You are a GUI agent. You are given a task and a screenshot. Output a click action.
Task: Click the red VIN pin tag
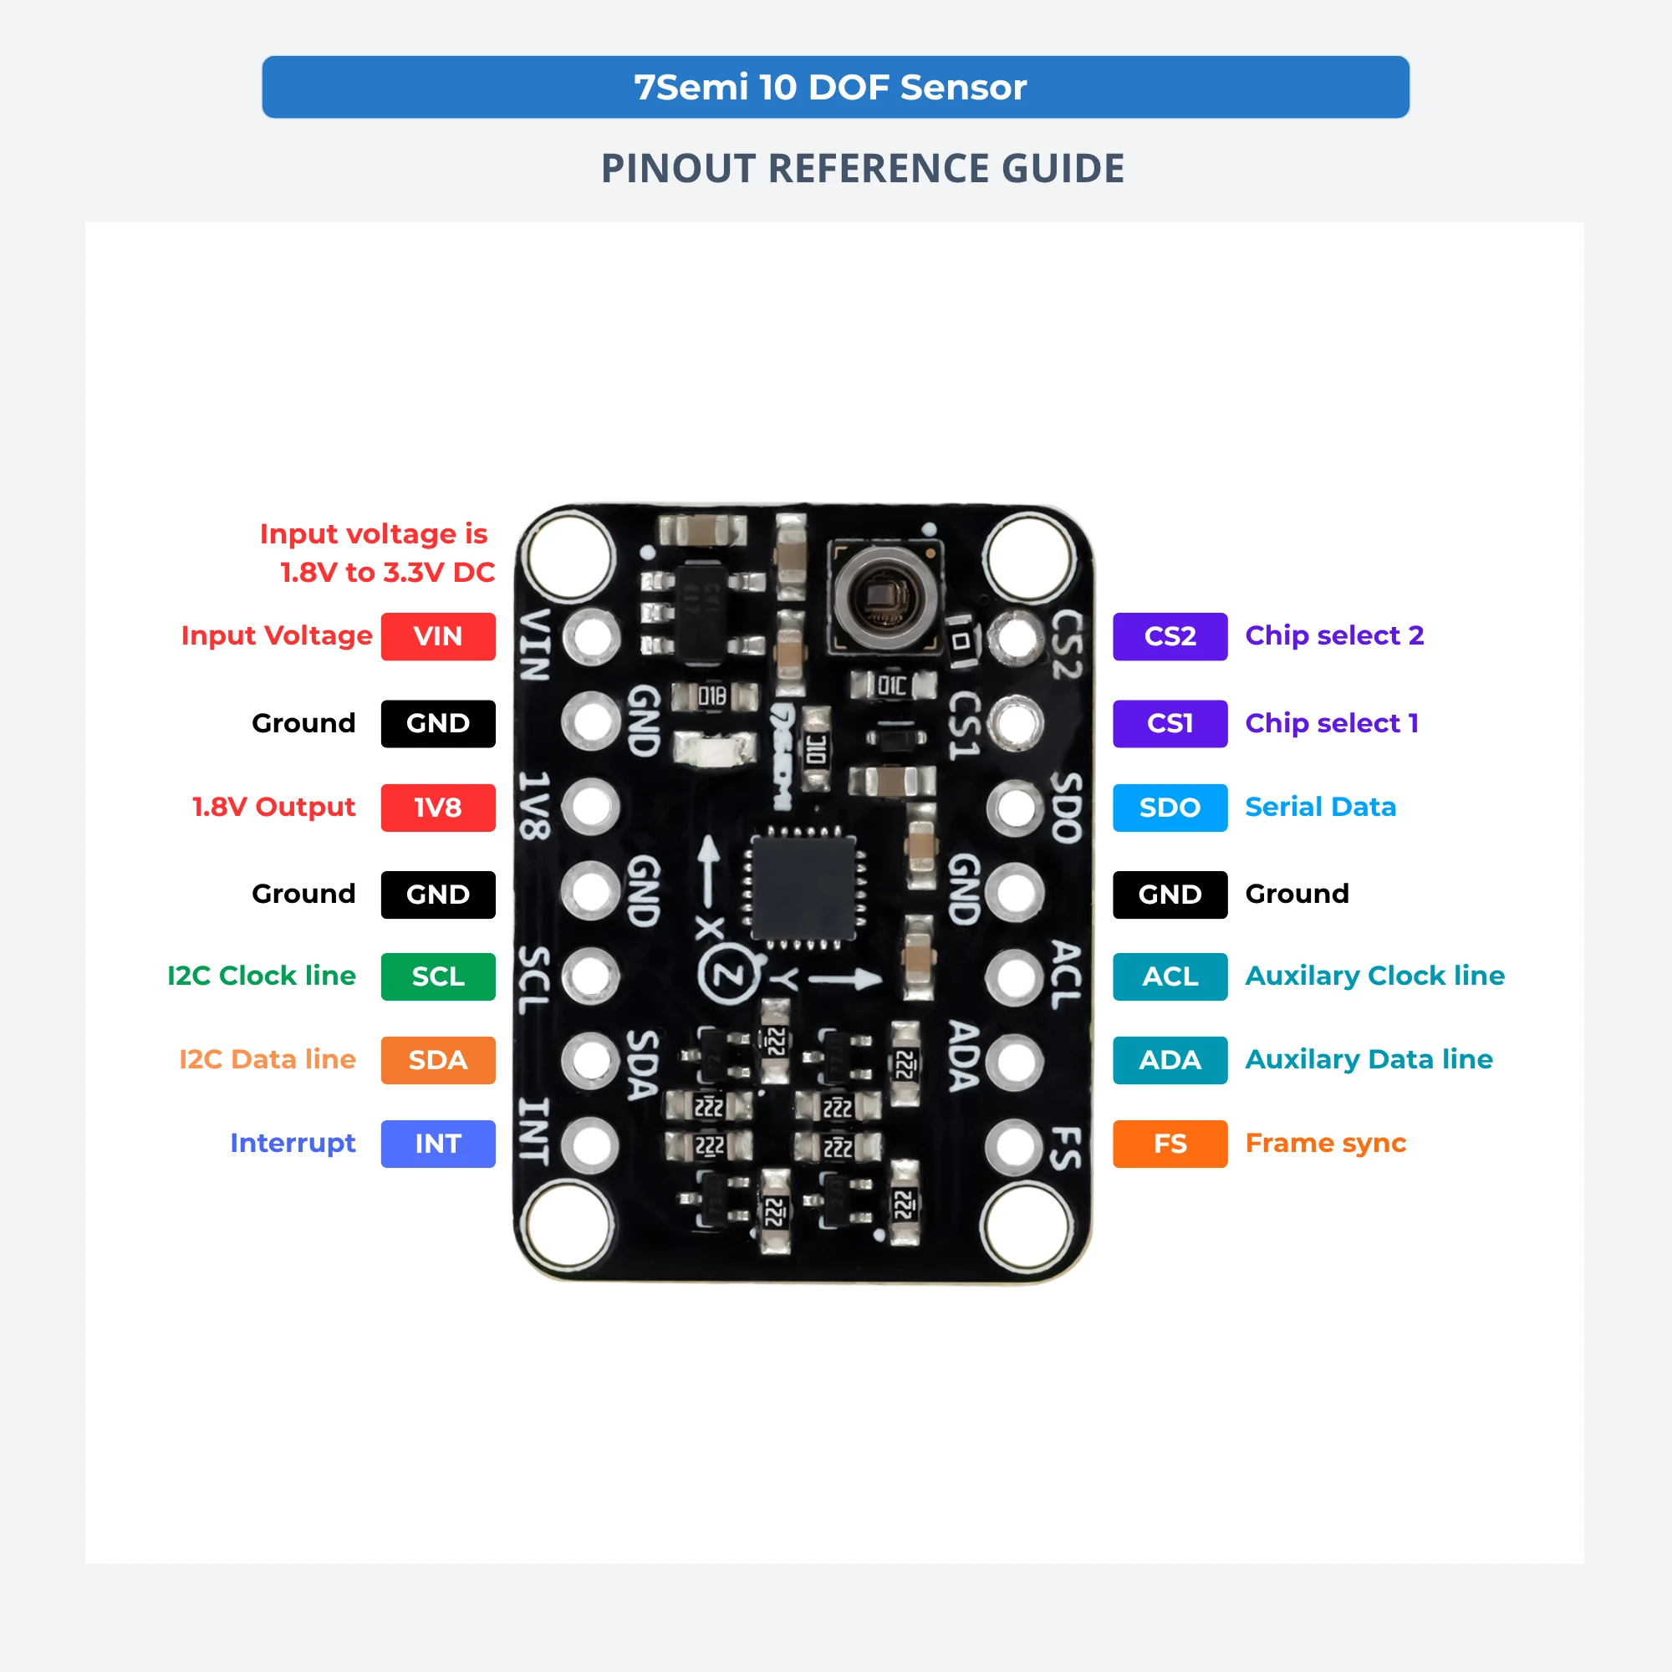click(x=438, y=636)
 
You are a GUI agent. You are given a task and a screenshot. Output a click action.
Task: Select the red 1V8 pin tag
click(x=438, y=808)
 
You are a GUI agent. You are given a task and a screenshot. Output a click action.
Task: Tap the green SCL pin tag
click(x=438, y=976)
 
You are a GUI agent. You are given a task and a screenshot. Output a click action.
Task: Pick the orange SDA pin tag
click(x=438, y=1060)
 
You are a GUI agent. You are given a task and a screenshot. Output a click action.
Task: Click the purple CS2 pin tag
click(x=1170, y=636)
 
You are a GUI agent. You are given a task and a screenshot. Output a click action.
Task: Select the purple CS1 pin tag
click(x=1170, y=723)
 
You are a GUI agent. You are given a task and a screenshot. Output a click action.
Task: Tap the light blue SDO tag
click(x=1170, y=808)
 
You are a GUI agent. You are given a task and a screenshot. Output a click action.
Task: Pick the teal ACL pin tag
click(x=1170, y=976)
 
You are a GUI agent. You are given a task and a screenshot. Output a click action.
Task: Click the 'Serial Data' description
click(x=1321, y=807)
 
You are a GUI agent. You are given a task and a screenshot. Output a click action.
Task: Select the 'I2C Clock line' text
click(x=262, y=976)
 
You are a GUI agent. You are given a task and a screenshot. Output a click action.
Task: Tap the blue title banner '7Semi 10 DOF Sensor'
click(x=835, y=88)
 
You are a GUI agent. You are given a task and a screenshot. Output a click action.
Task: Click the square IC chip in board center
click(x=804, y=888)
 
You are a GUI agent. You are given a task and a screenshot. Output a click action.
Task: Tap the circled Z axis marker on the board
click(x=729, y=976)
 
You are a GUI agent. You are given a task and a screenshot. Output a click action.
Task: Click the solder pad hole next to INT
click(x=591, y=1145)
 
